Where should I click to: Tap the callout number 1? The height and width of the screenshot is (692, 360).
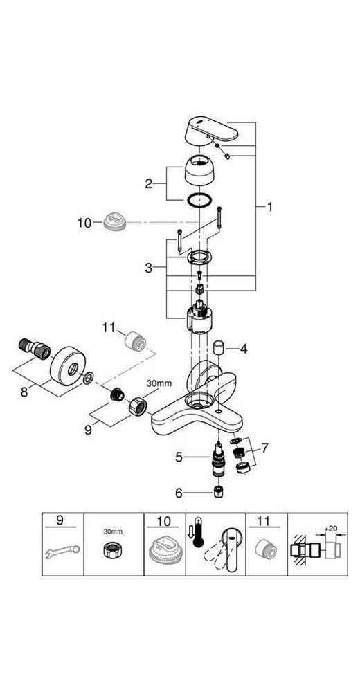(269, 206)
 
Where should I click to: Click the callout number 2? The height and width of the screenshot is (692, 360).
(148, 183)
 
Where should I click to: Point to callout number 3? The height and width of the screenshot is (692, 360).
(148, 267)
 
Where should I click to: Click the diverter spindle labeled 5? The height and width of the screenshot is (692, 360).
(218, 460)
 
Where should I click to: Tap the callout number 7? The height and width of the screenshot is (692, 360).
(264, 448)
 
